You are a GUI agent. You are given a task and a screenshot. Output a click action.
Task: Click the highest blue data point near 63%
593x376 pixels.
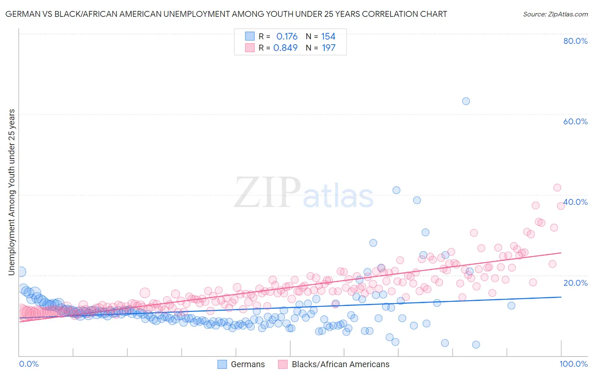point(466,101)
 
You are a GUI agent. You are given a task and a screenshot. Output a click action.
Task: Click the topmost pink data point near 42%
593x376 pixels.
point(557,188)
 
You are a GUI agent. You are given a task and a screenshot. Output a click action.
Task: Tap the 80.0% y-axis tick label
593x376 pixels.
point(575,41)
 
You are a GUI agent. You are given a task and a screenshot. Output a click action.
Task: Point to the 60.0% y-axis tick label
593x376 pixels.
point(575,121)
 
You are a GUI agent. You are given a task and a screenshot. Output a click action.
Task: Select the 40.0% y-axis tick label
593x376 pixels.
point(575,202)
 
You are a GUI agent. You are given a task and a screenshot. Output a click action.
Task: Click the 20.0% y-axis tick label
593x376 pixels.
point(575,282)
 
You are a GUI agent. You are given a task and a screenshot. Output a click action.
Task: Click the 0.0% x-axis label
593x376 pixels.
point(29,364)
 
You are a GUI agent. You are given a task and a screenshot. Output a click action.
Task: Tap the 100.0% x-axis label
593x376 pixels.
point(574,364)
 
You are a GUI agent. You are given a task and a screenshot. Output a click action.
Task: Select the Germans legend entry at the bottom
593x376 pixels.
point(248,364)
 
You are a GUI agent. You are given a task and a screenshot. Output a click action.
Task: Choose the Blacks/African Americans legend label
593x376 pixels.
point(340,364)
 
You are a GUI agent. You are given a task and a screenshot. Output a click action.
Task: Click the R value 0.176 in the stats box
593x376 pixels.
point(287,37)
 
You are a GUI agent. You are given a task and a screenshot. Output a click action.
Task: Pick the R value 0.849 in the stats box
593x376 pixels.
point(286,48)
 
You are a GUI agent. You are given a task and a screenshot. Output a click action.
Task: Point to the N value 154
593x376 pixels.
point(328,37)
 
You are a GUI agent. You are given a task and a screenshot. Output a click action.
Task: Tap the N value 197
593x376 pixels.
point(329,48)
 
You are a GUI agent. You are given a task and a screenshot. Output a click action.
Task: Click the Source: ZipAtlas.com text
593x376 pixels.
point(555,14)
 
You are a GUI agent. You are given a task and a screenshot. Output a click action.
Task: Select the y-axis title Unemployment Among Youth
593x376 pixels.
point(11,192)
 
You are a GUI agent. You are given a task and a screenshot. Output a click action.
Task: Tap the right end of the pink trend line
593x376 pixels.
point(561,252)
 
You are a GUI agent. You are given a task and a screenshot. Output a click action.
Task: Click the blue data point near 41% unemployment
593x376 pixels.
point(396,190)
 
